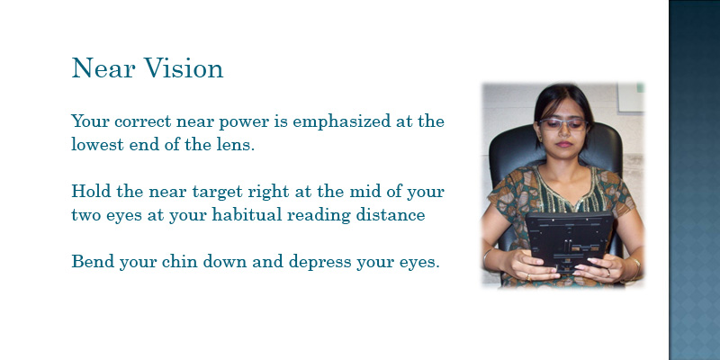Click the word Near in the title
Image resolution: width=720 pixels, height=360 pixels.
tap(103, 68)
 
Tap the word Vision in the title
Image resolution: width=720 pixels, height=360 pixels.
tap(184, 68)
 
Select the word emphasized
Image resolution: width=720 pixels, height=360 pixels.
tap(337, 122)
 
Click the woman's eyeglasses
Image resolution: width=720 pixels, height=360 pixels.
tap(563, 124)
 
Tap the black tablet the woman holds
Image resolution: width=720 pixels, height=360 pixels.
tap(570, 241)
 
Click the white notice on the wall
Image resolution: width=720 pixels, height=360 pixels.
tap(631, 97)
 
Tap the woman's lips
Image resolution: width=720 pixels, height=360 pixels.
tap(564, 144)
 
